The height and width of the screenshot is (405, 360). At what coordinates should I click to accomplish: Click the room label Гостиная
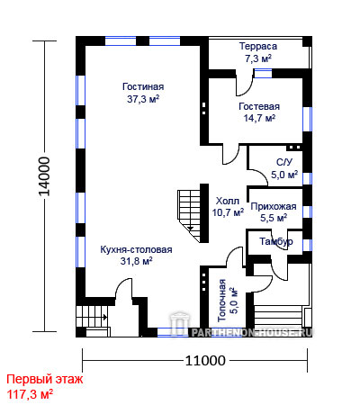tap(143, 86)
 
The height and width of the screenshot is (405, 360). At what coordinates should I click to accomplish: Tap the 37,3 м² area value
tap(143, 99)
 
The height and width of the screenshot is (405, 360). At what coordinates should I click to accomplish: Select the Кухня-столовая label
tap(136, 249)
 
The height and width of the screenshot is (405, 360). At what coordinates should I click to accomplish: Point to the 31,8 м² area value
tap(136, 261)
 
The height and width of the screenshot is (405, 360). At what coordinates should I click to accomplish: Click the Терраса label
tap(258, 47)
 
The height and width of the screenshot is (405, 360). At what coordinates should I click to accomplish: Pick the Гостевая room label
tap(259, 106)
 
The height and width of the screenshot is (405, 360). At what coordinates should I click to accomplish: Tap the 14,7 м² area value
tap(259, 118)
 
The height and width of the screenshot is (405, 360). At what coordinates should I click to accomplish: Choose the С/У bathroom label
tap(284, 162)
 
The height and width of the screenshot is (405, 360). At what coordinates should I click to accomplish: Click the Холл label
tap(228, 201)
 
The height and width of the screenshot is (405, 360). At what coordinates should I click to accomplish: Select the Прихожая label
tap(274, 206)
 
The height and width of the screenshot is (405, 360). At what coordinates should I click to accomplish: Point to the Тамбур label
tap(276, 242)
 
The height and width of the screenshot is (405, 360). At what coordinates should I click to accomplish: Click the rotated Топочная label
tap(221, 301)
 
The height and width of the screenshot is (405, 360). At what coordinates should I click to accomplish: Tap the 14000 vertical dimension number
tap(45, 176)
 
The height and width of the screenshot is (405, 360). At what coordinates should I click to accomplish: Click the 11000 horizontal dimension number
tap(205, 360)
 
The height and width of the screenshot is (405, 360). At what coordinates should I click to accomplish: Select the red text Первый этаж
tap(45, 380)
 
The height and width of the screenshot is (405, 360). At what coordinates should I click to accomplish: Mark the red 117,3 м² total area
tap(30, 394)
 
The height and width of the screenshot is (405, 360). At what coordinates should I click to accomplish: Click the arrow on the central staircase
tap(191, 229)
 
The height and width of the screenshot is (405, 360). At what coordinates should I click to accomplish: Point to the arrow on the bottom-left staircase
tap(105, 317)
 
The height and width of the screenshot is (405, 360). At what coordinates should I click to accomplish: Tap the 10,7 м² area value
tap(228, 212)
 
